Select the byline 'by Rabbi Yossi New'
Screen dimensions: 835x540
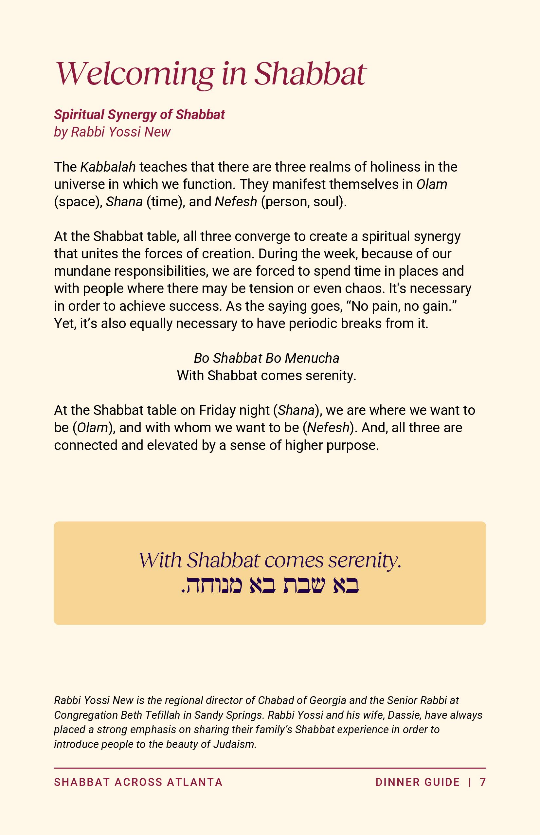pos(112,132)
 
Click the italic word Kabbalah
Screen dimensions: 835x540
pos(108,167)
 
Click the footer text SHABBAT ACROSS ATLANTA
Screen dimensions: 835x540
pos(138,782)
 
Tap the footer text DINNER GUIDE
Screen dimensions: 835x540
pos(417,782)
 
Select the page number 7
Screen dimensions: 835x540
pos(482,782)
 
